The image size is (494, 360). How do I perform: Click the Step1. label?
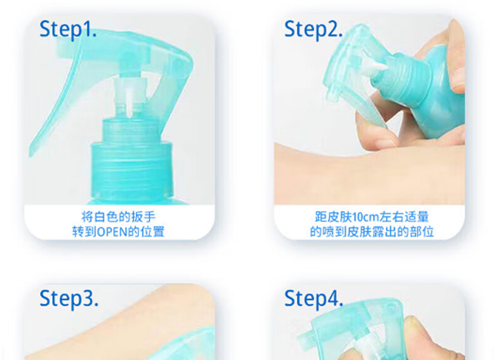point(68,29)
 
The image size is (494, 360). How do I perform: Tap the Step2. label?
point(313,29)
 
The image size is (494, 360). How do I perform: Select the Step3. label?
point(69,299)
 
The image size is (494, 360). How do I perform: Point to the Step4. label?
point(314,299)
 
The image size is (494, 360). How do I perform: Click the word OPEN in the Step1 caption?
point(113,232)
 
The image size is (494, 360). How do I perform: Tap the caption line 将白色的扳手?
point(119,217)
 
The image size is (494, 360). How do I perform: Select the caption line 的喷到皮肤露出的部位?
point(371,232)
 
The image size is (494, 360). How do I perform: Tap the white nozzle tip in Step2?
point(373,67)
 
